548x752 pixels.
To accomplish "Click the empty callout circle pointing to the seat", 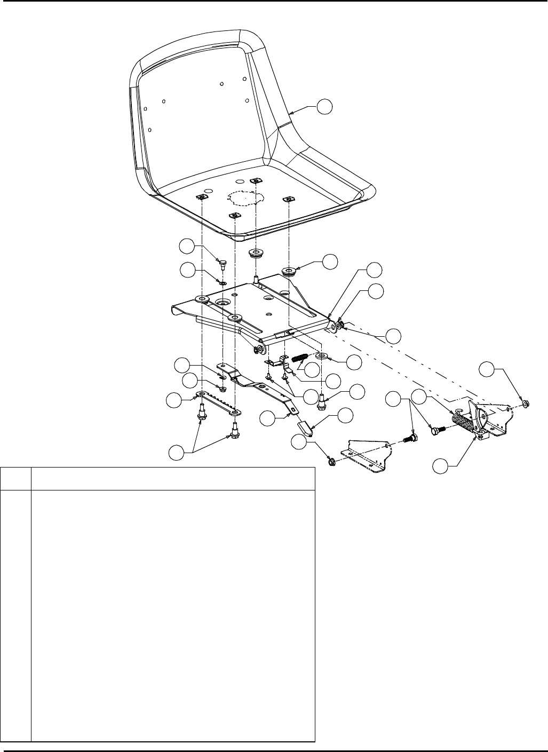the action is [x=324, y=107].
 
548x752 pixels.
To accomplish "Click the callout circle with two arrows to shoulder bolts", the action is [x=177, y=453].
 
